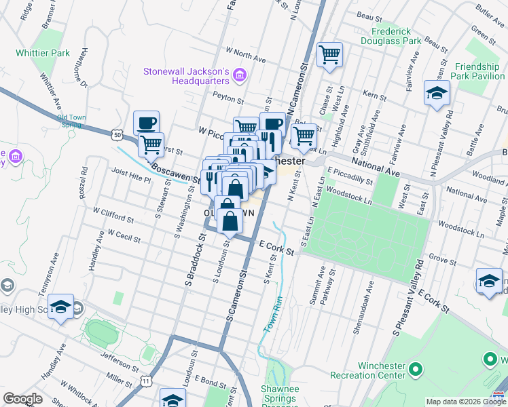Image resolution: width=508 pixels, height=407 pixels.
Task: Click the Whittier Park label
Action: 43,53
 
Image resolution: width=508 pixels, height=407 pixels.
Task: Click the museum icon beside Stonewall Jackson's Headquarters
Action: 239,75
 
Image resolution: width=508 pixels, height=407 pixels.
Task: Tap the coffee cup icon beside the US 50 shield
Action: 146,123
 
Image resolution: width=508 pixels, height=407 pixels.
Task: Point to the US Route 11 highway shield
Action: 146,382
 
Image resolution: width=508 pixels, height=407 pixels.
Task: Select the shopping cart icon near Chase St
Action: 329,54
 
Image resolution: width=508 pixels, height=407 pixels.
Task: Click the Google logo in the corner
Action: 22,399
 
